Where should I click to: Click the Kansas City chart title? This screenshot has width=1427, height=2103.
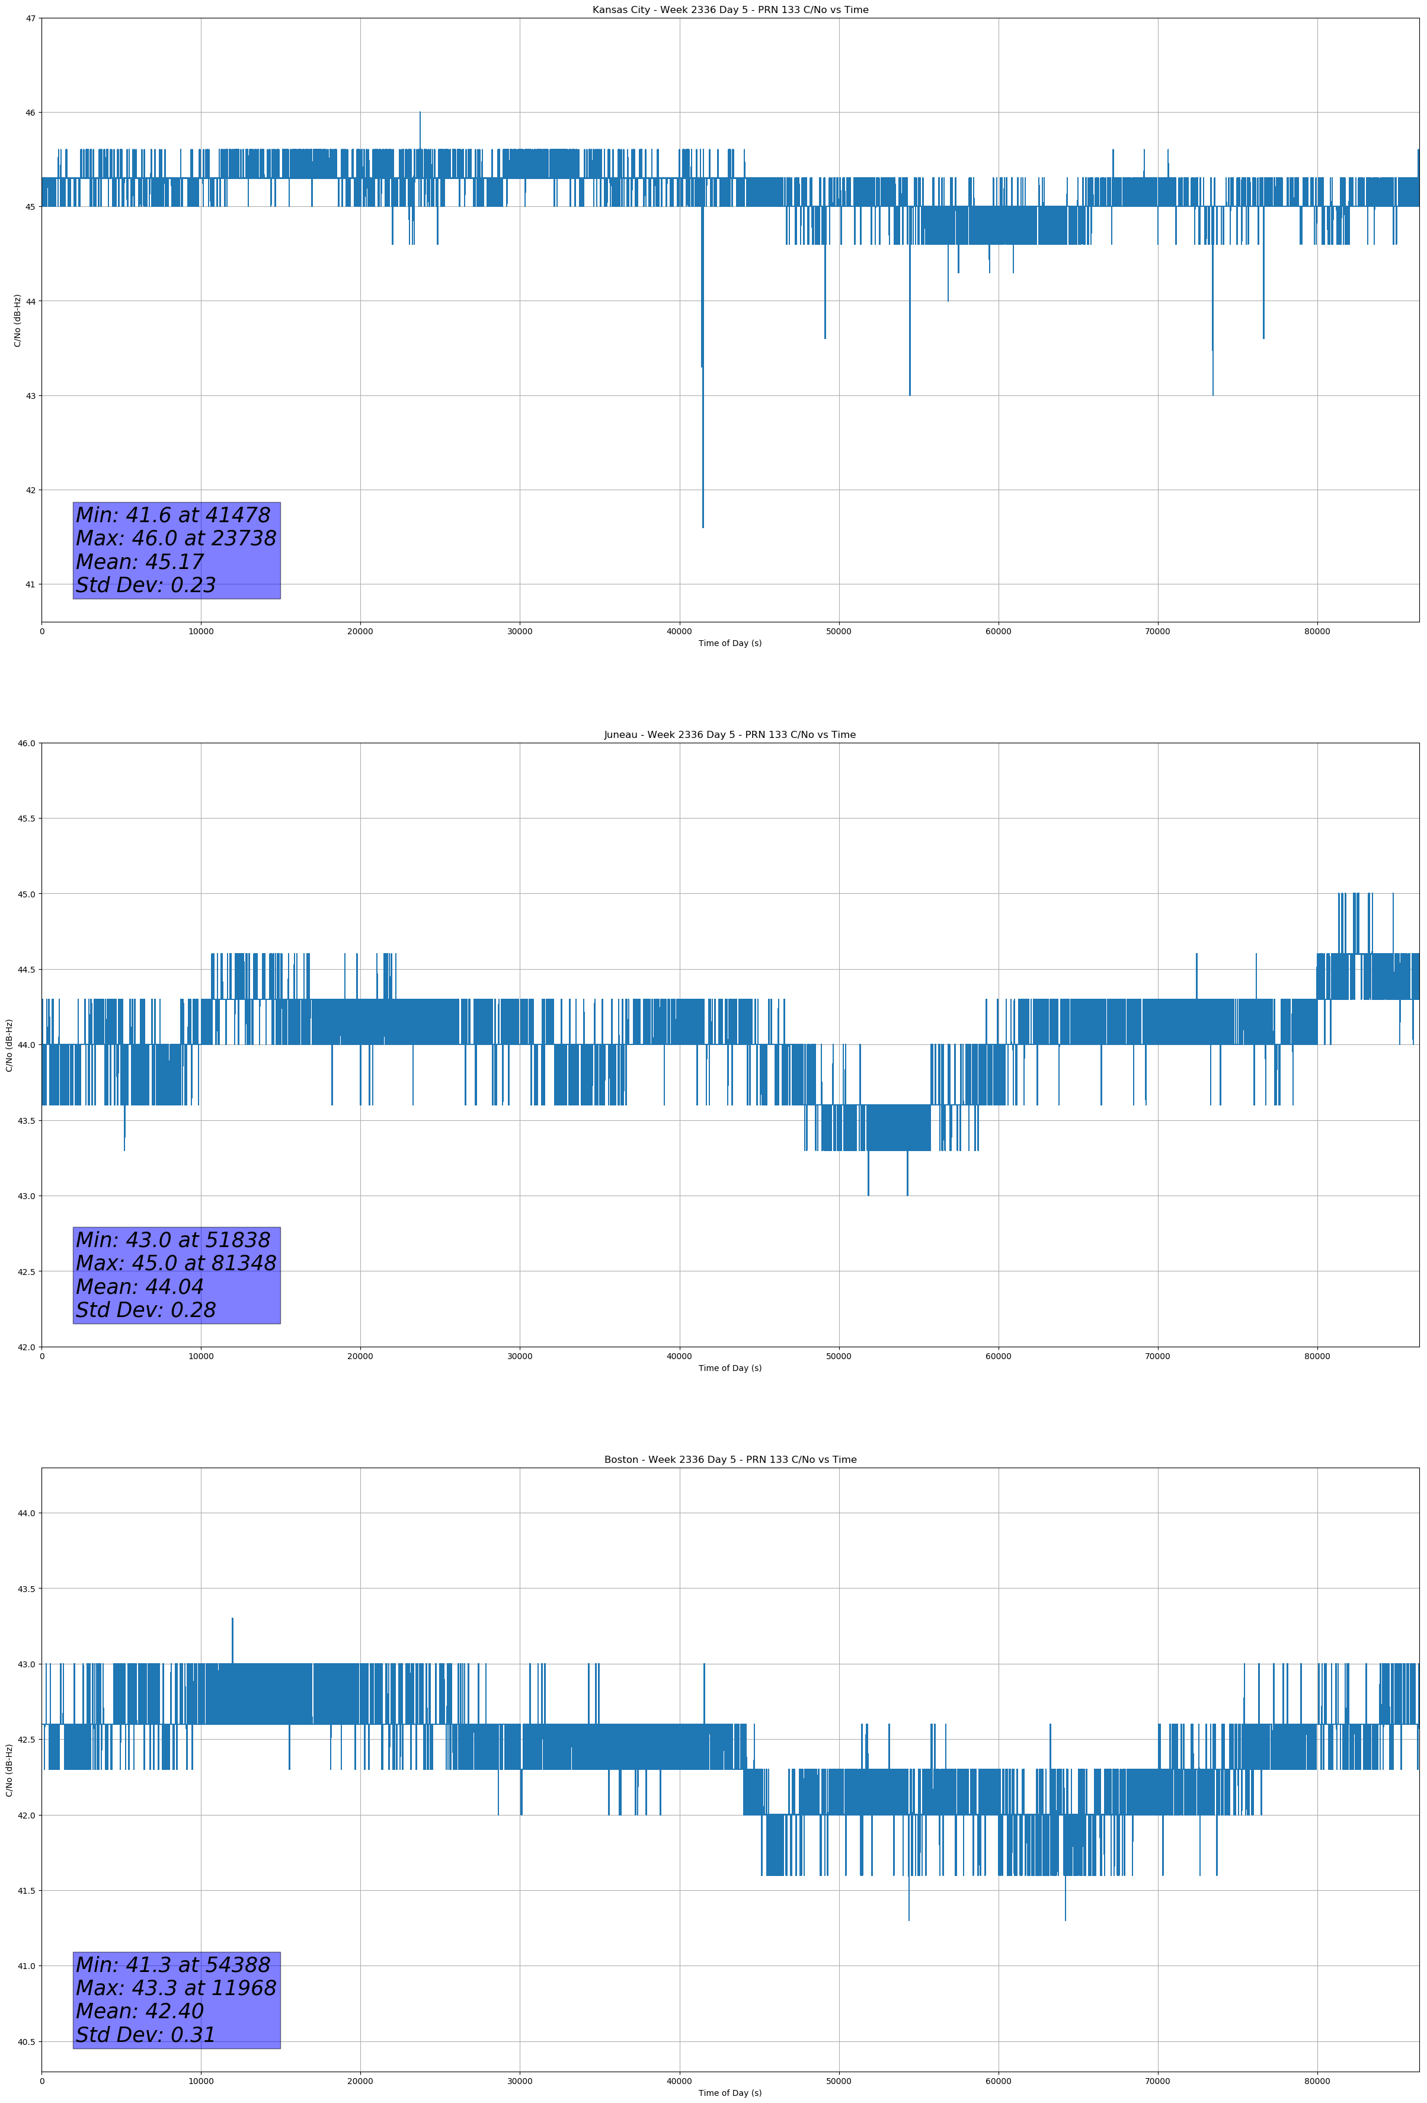click(x=730, y=10)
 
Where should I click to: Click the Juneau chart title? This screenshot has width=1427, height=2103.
click(x=730, y=735)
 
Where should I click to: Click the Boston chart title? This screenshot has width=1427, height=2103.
click(x=730, y=1460)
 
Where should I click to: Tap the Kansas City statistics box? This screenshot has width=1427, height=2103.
click(x=177, y=550)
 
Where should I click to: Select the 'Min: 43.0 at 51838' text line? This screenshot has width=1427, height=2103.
click(x=173, y=1240)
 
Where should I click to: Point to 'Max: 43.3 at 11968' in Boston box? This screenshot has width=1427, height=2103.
click(x=175, y=1988)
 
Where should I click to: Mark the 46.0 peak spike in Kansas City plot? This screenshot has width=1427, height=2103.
click(x=420, y=113)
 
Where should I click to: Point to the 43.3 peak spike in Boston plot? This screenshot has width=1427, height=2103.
click(x=232, y=1619)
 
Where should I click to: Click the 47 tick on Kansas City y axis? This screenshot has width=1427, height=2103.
click(x=31, y=18)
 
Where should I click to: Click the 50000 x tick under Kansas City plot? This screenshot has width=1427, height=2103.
click(x=839, y=632)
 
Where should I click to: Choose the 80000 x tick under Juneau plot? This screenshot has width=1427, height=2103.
click(x=1317, y=1356)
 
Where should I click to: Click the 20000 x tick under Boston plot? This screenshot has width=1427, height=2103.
click(x=360, y=2081)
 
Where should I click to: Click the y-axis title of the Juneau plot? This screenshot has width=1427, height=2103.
click(x=9, y=1045)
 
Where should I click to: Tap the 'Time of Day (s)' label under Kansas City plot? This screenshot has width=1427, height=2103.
click(x=730, y=643)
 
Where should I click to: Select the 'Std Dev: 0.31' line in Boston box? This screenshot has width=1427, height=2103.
click(x=146, y=2035)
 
